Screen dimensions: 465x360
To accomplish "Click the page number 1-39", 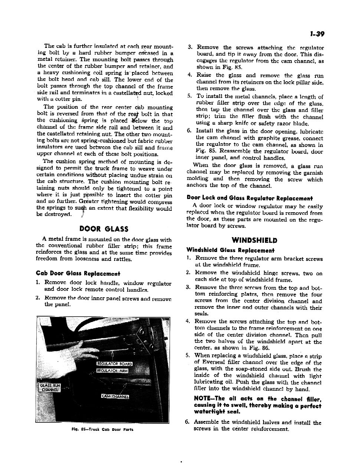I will pos(317,35).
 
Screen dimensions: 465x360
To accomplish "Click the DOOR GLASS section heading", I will pos(104,229).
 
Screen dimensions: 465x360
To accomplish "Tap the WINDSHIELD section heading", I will pos(254,240).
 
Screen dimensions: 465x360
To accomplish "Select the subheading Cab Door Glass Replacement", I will pos(78,274).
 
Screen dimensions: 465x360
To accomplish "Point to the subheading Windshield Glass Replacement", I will pos(230,250).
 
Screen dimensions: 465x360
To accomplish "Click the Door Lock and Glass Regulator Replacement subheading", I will pos(249,198).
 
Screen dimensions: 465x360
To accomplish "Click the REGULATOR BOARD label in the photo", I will pos(114,364).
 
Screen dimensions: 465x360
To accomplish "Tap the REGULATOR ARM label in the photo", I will pos(112,371).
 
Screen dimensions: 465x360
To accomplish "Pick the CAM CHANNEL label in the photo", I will pos(115,397).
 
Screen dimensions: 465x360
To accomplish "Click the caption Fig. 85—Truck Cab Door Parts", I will pos(103,429).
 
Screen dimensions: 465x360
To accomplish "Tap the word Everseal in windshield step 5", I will pos(213,363).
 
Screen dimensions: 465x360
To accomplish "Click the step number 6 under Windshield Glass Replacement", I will pos(188,422).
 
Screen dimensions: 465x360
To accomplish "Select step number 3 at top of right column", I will pos(190,47).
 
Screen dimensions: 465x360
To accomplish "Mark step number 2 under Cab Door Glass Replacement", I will pos(38,298).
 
